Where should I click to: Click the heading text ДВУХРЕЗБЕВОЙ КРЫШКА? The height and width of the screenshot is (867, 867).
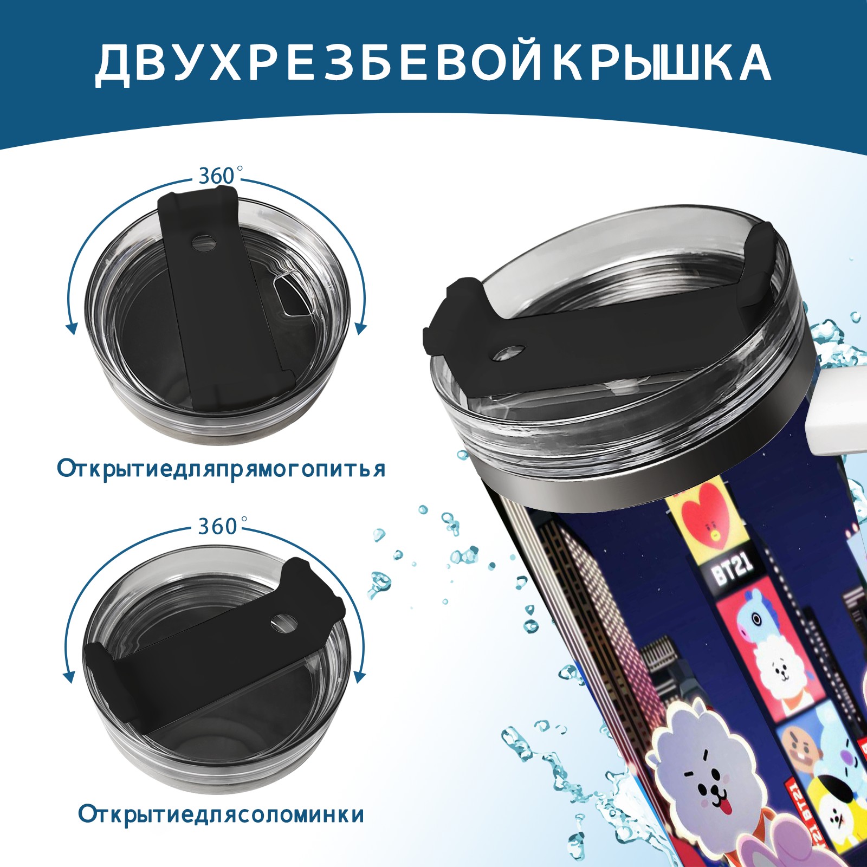(x=433, y=63)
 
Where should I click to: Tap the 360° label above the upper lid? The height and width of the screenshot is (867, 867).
(x=217, y=176)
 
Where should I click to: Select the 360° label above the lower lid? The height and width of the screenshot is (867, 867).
(x=217, y=526)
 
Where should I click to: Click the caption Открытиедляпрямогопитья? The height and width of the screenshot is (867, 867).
(x=221, y=468)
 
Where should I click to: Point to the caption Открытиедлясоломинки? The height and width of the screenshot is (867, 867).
(x=221, y=814)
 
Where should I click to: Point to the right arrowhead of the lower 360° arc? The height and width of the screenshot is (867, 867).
(x=359, y=677)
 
